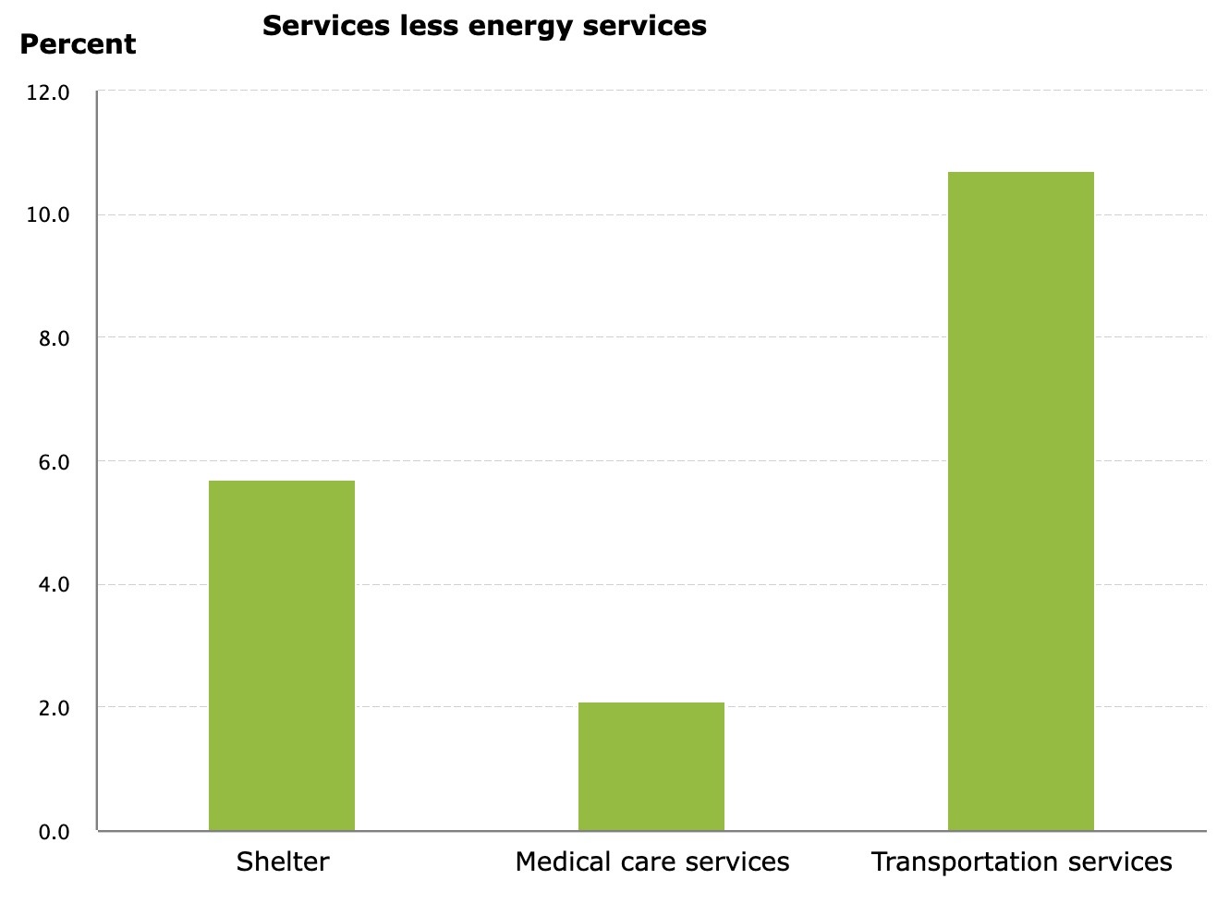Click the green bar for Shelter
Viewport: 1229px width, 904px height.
(282, 655)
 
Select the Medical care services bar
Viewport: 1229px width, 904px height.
(651, 766)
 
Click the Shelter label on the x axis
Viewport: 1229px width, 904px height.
(283, 861)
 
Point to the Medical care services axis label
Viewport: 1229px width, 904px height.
(652, 861)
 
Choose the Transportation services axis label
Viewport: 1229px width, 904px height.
(1021, 861)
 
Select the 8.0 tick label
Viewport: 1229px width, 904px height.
(55, 338)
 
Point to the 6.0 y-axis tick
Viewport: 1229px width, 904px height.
(55, 462)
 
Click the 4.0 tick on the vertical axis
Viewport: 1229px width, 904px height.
(55, 585)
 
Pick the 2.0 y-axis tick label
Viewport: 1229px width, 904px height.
(55, 708)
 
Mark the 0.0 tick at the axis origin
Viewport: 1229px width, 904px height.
(55, 832)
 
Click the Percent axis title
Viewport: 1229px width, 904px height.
(78, 44)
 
